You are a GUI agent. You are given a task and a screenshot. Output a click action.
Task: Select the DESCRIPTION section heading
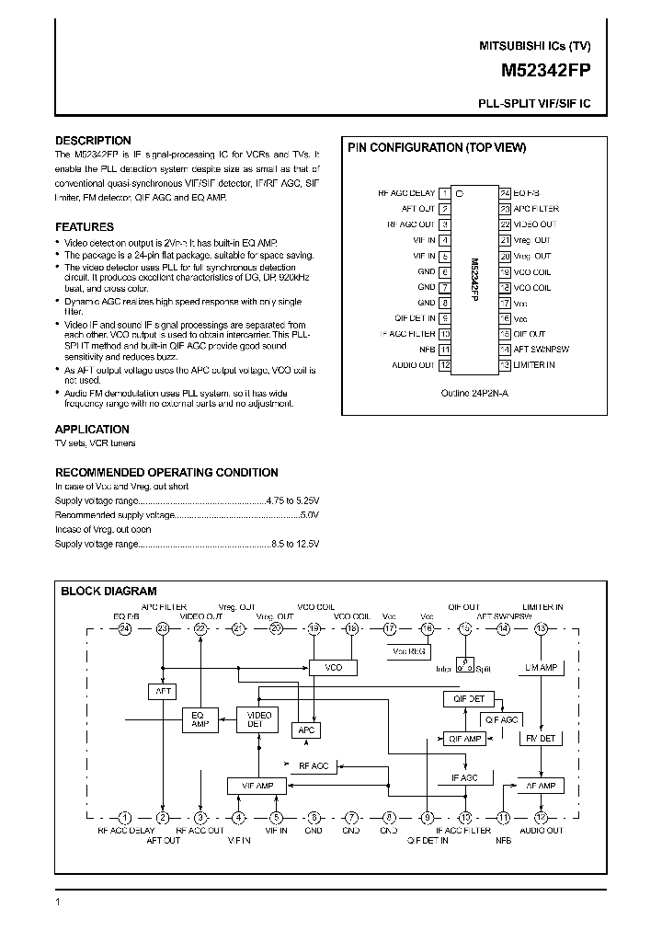(93, 141)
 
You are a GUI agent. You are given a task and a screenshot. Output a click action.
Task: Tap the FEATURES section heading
(85, 226)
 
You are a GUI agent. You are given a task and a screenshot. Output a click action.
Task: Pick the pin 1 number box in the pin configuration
(445, 193)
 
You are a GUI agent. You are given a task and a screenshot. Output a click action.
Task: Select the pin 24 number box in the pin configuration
(505, 193)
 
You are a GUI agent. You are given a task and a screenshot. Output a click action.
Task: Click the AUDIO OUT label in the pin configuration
(413, 365)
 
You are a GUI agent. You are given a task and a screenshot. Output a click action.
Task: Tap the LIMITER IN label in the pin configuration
(534, 365)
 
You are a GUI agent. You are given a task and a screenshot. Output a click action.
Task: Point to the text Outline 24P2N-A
(474, 391)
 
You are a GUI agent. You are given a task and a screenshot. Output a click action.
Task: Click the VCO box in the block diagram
(333, 667)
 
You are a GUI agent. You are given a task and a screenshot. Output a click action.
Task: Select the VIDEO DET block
(255, 718)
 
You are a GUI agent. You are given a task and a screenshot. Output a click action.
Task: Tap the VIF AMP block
(257, 786)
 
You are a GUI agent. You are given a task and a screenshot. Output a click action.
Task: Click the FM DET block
(539, 738)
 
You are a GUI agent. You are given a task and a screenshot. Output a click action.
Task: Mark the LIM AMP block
(540, 667)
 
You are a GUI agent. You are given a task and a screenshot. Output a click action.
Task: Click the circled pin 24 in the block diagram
(125, 628)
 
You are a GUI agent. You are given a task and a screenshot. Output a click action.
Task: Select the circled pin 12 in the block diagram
(541, 817)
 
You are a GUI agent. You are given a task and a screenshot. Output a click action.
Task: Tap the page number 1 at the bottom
(58, 903)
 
